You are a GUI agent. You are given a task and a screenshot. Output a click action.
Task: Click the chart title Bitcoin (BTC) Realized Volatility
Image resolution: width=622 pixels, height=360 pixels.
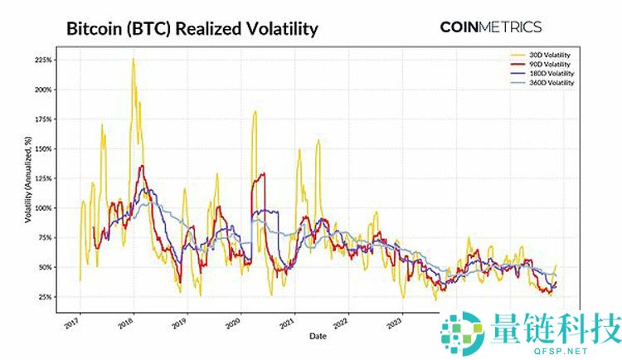coord(192,29)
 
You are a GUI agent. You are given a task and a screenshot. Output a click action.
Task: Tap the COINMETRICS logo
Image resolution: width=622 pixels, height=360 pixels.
coord(490,27)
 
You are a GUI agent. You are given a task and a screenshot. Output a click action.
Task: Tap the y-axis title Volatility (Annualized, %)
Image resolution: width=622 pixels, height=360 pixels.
coord(18,179)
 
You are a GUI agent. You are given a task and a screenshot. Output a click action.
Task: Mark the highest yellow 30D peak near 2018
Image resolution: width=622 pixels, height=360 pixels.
coord(133,60)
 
